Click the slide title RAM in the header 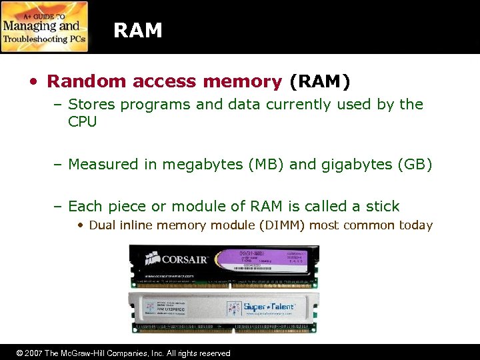[x=138, y=30]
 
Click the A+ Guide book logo [x=45, y=27]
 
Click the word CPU [x=83, y=121]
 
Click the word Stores [x=91, y=104]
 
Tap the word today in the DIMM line [x=416, y=225]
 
